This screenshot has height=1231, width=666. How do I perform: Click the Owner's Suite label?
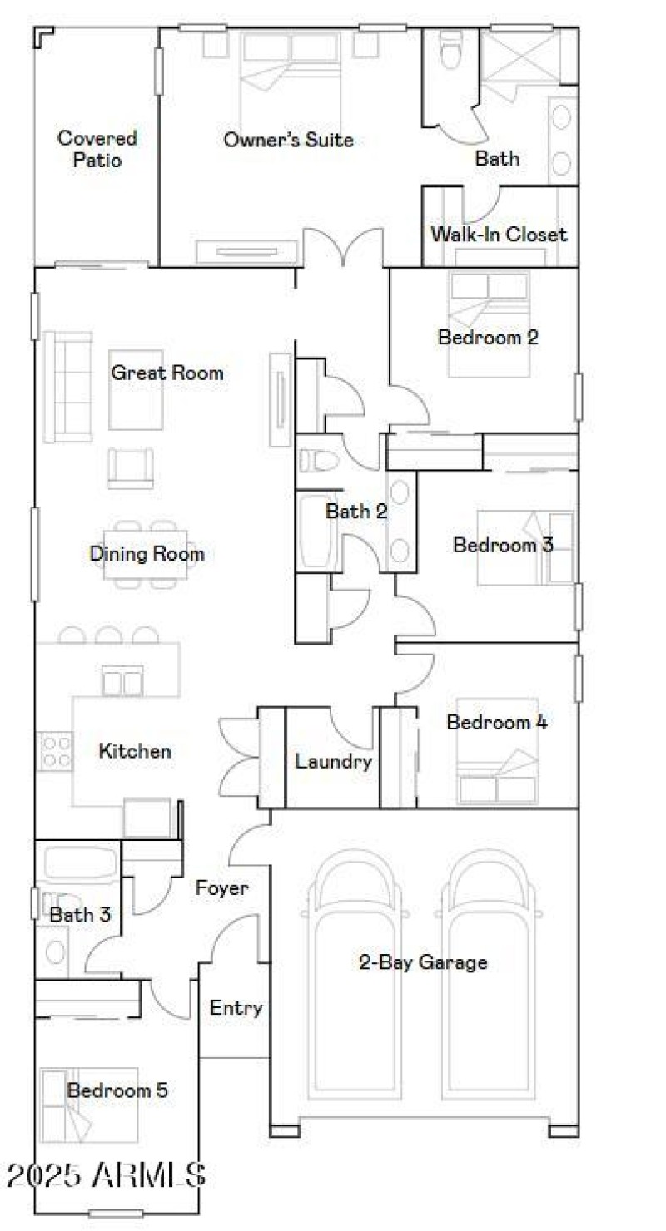point(288,140)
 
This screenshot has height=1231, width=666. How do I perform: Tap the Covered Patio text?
point(97,149)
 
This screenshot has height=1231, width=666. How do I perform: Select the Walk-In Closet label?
point(498,235)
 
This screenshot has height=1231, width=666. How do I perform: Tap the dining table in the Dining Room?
point(147,553)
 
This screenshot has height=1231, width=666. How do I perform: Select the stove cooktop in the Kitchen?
point(56,749)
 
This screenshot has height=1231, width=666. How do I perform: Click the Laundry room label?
point(333,761)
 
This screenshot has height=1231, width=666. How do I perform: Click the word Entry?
point(236,1008)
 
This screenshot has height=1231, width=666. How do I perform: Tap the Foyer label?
point(221,888)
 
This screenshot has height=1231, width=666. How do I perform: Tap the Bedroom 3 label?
point(503,545)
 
